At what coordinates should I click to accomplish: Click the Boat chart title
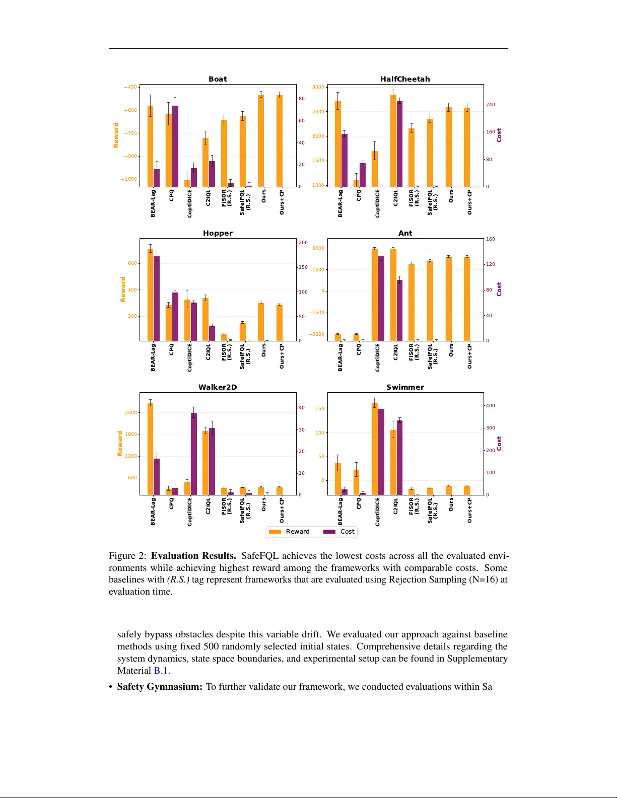218,79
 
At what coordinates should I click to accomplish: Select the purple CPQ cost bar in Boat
175,146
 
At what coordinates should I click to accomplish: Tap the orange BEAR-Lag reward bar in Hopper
150,295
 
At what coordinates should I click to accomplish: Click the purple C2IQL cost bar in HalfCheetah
399,144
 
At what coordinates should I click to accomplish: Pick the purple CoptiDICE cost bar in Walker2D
194,454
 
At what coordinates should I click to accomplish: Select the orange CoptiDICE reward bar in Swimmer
375,449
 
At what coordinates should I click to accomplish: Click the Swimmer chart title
405,387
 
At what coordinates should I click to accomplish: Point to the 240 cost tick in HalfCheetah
490,105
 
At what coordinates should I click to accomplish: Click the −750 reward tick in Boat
130,133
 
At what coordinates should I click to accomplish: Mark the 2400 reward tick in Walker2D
131,413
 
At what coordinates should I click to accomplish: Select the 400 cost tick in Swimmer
490,406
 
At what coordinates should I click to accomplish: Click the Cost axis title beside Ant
499,289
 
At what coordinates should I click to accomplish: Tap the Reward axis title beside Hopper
123,289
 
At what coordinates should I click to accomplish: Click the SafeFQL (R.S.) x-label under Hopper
245,356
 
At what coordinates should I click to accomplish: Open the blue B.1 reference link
161,671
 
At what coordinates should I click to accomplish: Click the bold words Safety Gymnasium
160,687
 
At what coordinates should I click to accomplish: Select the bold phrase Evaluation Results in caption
193,556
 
